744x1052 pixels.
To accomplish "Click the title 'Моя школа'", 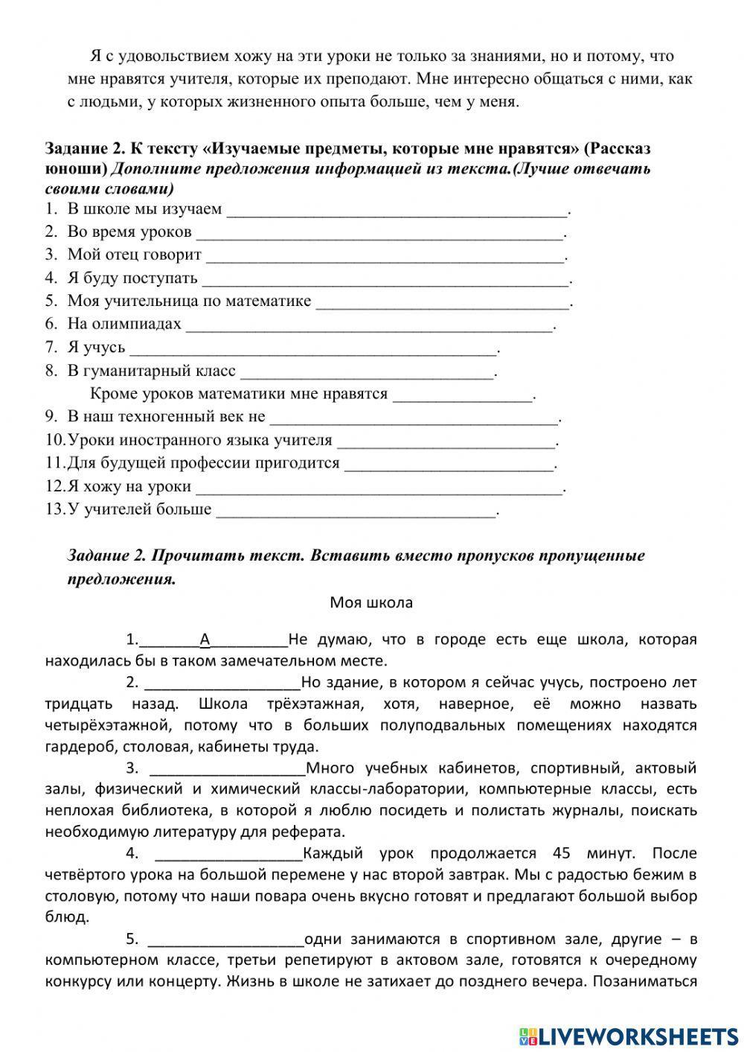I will click(x=371, y=602).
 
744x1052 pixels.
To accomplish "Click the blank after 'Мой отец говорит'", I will click(x=385, y=256).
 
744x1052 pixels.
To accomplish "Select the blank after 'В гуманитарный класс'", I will click(x=367, y=372).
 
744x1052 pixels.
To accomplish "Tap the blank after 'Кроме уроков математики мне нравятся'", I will click(x=463, y=395).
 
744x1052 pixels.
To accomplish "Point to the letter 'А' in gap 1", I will click(x=205, y=640).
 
